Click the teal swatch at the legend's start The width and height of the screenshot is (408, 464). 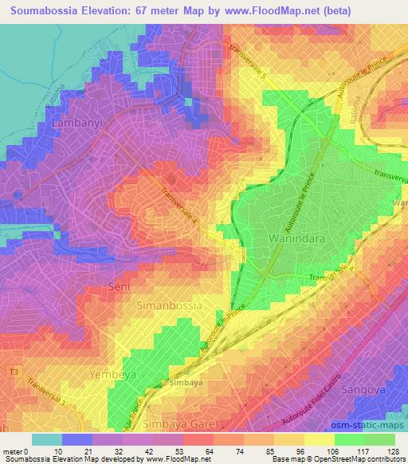[47, 439]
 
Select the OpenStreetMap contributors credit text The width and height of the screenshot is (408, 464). [351, 459]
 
